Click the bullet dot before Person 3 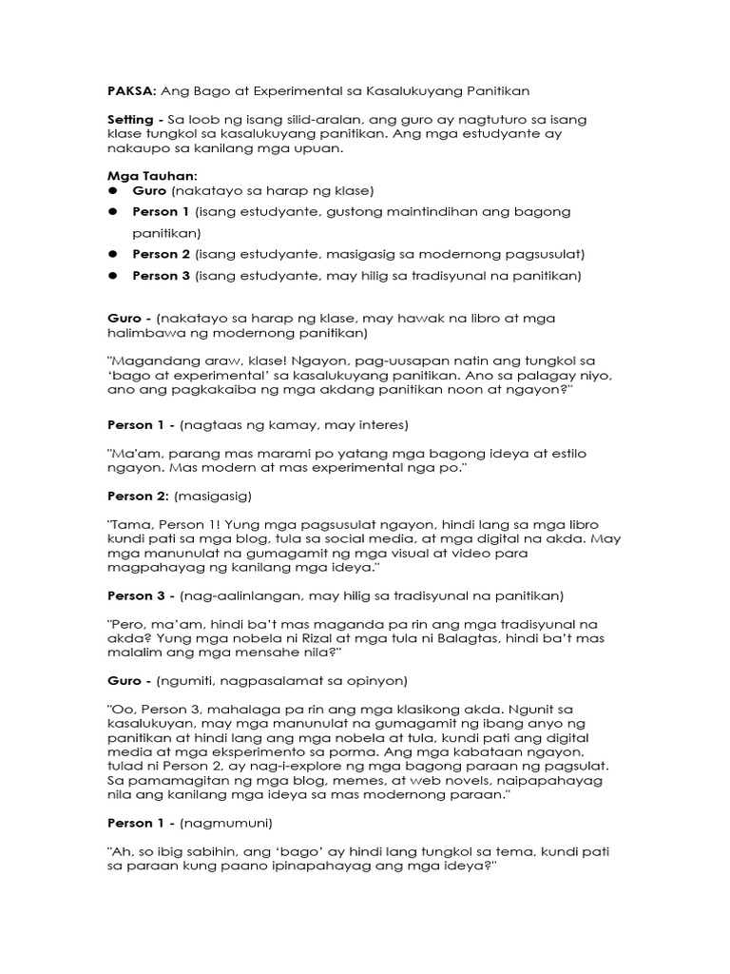tap(112, 276)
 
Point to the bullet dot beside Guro tap(112, 190)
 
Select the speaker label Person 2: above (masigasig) tap(138, 496)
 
